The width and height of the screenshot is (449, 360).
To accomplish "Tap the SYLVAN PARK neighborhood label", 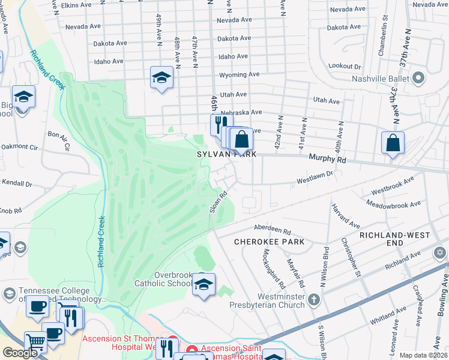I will [227, 154].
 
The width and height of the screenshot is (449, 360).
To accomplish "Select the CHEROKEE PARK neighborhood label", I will [261, 241].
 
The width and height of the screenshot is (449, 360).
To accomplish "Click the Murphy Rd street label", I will [327, 160].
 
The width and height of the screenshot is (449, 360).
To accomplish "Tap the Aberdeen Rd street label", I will [272, 230].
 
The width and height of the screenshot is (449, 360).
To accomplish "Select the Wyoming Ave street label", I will [239, 75].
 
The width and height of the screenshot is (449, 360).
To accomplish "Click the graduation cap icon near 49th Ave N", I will [161, 78].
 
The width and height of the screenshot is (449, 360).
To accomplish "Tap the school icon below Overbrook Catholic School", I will [203, 284].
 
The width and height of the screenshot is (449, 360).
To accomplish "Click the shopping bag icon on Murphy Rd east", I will [393, 144].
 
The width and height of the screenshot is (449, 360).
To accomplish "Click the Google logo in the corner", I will [20, 353].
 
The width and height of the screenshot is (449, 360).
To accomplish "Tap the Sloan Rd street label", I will [218, 202].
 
